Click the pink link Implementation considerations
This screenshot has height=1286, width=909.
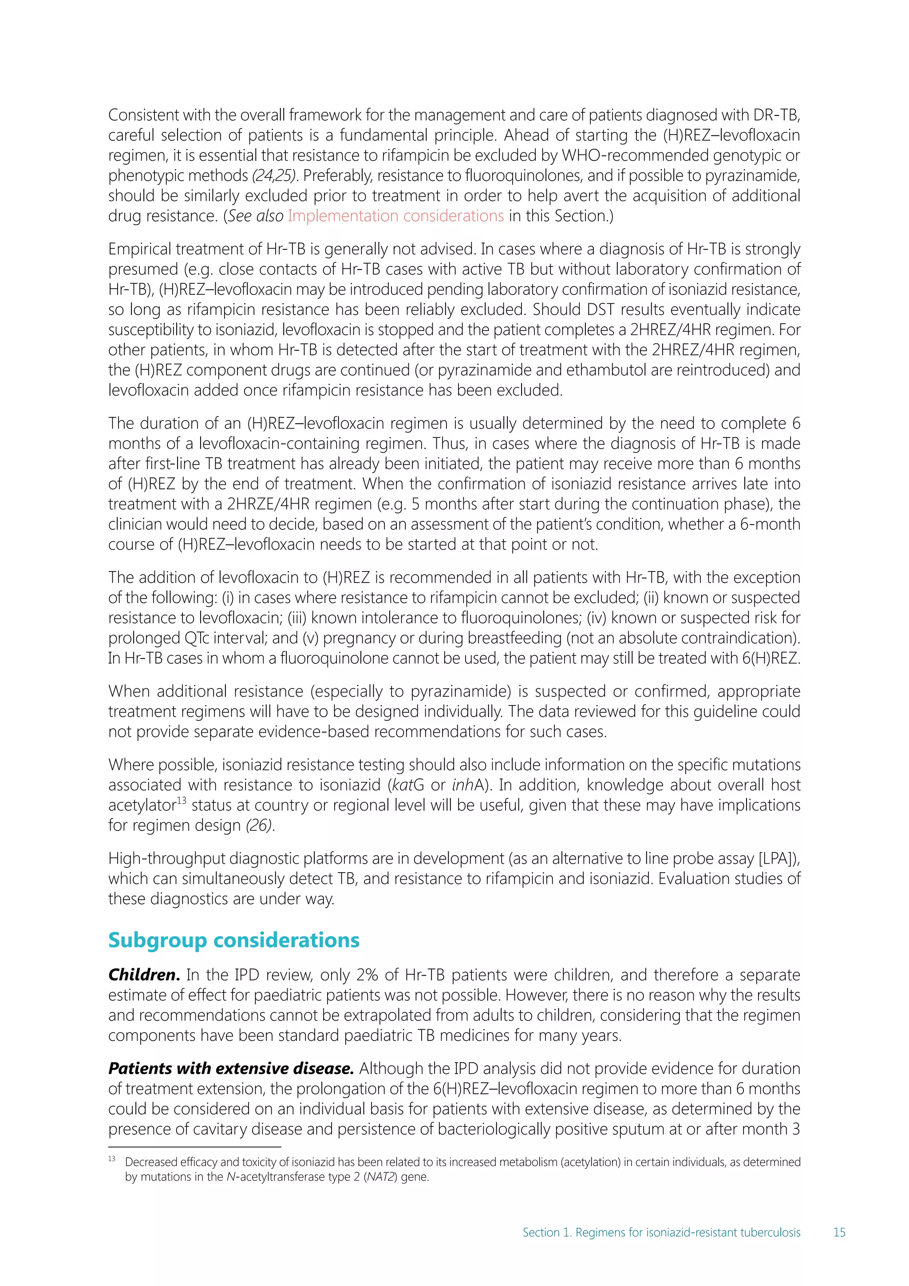point(396,216)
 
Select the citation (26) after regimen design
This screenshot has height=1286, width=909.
point(260,825)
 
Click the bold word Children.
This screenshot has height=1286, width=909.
point(144,975)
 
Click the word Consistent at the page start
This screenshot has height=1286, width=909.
point(143,115)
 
